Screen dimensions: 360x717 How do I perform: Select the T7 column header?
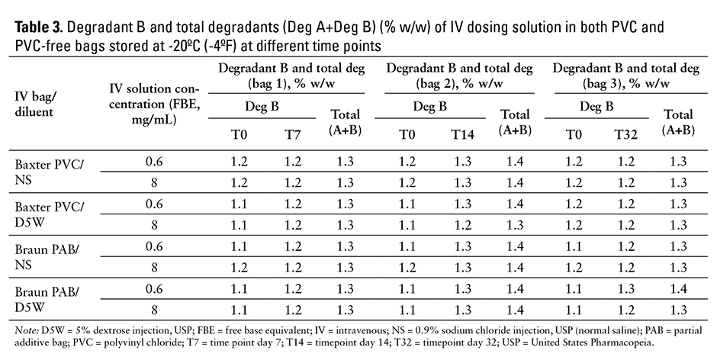(292, 136)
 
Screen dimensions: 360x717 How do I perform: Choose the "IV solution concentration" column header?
(155, 105)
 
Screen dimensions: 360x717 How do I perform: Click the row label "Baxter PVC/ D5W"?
(47, 214)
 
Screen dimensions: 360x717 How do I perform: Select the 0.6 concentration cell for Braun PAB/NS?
(154, 248)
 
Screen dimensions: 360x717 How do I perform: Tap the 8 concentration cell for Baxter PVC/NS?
(154, 183)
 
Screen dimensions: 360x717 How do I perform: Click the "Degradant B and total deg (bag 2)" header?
(460, 75)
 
